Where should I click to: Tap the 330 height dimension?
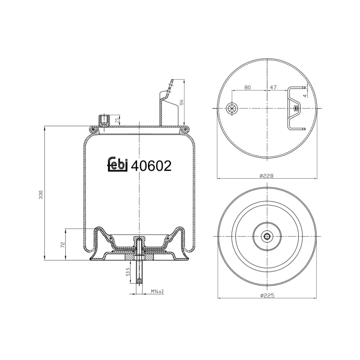[x=41, y=194]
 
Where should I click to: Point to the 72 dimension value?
[x=63, y=245]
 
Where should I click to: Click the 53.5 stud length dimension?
[x=128, y=272]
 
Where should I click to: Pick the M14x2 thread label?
[x=157, y=292]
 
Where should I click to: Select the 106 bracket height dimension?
[x=181, y=103]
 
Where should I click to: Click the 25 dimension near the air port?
[x=117, y=120]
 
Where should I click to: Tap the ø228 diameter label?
[x=267, y=176]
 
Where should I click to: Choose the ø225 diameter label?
[x=267, y=296]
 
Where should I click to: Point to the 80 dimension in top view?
[x=247, y=87]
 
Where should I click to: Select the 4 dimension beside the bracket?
[x=305, y=95]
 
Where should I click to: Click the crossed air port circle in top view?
[x=233, y=108]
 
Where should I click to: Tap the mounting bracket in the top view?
[x=295, y=108]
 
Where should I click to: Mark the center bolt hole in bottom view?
[x=267, y=237]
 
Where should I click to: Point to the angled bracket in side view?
[x=165, y=103]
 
